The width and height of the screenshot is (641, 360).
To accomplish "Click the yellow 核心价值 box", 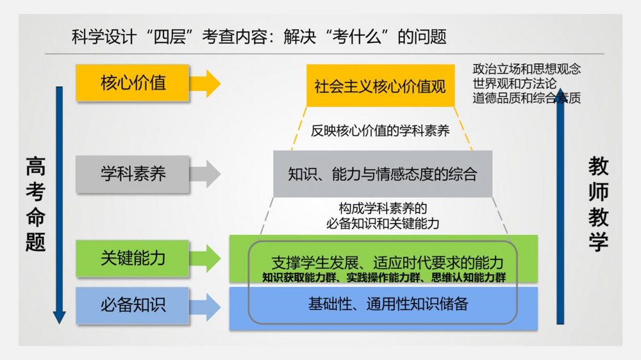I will [x=133, y=83].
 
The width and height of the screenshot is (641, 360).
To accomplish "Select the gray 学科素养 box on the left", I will [x=133, y=174].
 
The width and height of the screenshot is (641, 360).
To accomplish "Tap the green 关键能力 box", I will [x=133, y=258].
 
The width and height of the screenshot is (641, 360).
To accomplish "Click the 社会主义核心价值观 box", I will [x=380, y=86].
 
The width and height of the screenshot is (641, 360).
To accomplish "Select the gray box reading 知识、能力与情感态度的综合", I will [x=383, y=174].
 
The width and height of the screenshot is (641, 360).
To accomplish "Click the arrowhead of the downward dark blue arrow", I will [x=59, y=317].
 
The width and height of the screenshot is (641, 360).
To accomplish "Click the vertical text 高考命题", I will [x=36, y=205].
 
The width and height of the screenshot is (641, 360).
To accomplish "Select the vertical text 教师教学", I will [x=598, y=205].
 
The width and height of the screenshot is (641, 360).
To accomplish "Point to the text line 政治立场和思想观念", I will [x=527, y=69].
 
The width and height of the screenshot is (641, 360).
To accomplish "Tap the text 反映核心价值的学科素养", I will [x=380, y=131].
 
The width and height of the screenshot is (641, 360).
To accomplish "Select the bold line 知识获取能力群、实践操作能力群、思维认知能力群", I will [x=384, y=278].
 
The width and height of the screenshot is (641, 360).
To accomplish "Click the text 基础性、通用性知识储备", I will [x=388, y=304].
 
